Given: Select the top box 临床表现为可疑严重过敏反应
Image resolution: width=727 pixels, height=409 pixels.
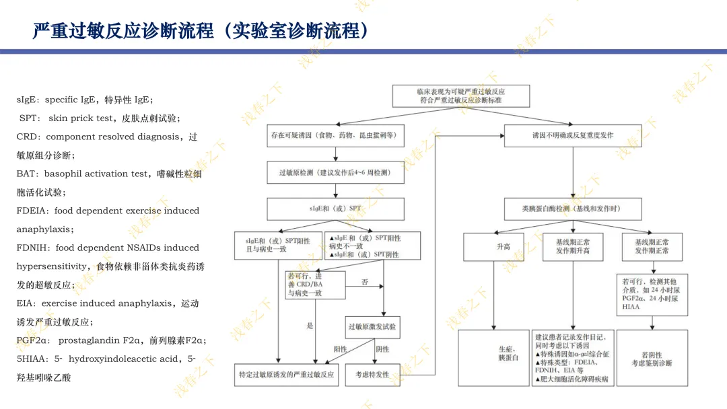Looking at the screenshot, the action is pos(461,95).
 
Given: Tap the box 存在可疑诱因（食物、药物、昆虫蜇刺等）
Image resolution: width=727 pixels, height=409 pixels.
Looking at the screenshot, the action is pos(335,135).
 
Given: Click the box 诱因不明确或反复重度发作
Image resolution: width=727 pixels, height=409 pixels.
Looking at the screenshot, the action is pos(573,135).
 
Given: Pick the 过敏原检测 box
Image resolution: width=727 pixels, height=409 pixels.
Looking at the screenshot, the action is pos(335,173).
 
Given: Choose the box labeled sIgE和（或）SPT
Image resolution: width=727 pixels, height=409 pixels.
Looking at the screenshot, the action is pos(335,208).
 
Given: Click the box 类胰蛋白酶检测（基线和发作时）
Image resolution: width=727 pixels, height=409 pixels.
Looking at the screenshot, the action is pos(572,209).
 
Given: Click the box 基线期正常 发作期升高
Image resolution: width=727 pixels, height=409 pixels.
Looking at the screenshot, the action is pos(573,246).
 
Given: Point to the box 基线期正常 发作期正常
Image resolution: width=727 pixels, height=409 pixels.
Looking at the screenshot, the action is pos(652,246).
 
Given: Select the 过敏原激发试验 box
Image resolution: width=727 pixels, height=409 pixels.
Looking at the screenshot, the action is pos(372,327).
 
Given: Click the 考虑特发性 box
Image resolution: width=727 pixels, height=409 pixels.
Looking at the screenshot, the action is pos(372,374).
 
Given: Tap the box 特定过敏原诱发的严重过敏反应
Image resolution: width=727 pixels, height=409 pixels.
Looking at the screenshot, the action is pos(286,374).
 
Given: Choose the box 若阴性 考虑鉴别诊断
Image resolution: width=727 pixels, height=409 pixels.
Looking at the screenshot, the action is pos(652,359).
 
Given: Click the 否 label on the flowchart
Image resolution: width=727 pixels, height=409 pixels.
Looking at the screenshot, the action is pos(365,283).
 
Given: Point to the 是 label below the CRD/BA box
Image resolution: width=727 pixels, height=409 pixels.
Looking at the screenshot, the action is pos(310,326).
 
